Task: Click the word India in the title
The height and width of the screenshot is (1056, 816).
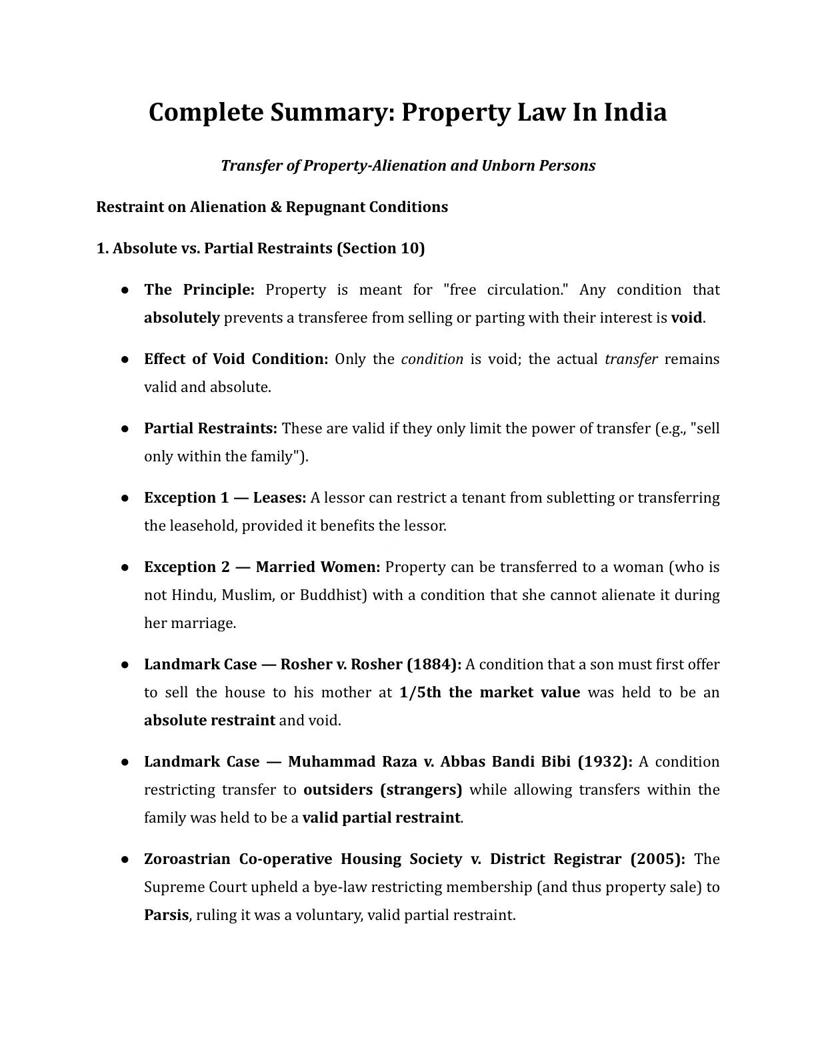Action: pyautogui.click(x=635, y=112)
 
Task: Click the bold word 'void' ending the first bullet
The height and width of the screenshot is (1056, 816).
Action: pyautogui.click(x=686, y=317)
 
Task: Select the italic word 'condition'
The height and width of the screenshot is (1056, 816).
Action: pyautogui.click(x=432, y=359)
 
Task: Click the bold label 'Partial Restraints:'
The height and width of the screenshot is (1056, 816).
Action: pyautogui.click(x=211, y=428)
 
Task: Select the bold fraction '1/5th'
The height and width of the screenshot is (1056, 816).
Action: pyautogui.click(x=420, y=692)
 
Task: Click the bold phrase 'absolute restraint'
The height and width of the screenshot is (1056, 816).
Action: pyautogui.click(x=209, y=720)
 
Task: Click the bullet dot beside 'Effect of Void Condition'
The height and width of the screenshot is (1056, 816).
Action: pyautogui.click(x=125, y=359)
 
